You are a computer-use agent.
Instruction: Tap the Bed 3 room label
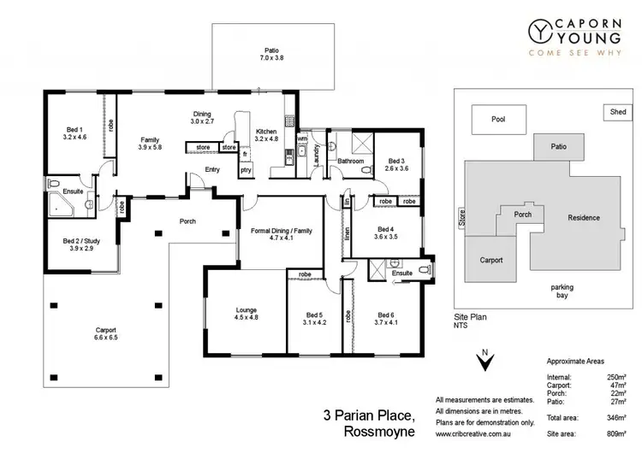[395, 164]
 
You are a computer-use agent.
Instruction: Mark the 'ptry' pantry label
[245, 170]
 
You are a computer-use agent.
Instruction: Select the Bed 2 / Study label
[81, 244]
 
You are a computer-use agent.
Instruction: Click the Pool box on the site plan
[498, 121]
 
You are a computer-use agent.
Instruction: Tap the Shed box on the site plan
[616, 112]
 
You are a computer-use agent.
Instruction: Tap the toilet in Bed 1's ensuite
[55, 184]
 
